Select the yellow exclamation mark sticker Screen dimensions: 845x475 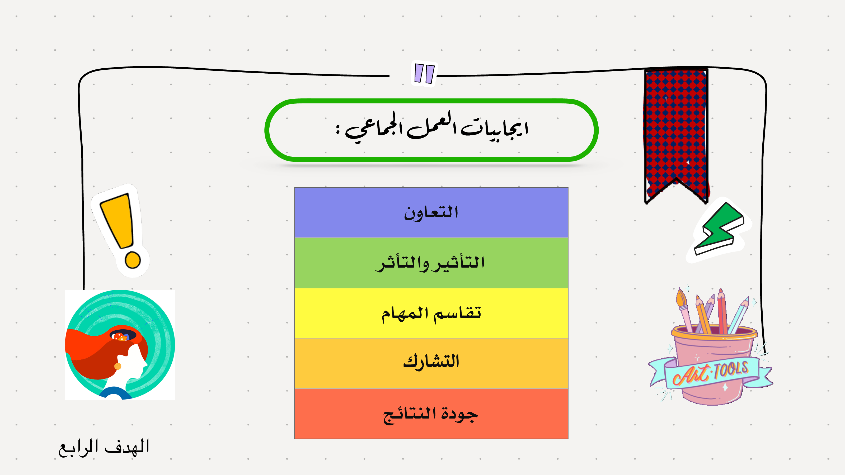pos(120,230)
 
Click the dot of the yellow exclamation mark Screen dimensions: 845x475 pos(133,260)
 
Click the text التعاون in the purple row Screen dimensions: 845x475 pos(431,213)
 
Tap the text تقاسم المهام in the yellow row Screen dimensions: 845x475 pos(431,314)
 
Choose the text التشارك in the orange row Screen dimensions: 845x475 pos(431,362)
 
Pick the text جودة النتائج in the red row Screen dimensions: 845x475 pos(430,414)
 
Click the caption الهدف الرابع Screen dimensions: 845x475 pos(104,448)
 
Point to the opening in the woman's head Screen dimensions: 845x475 pos(123,335)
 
